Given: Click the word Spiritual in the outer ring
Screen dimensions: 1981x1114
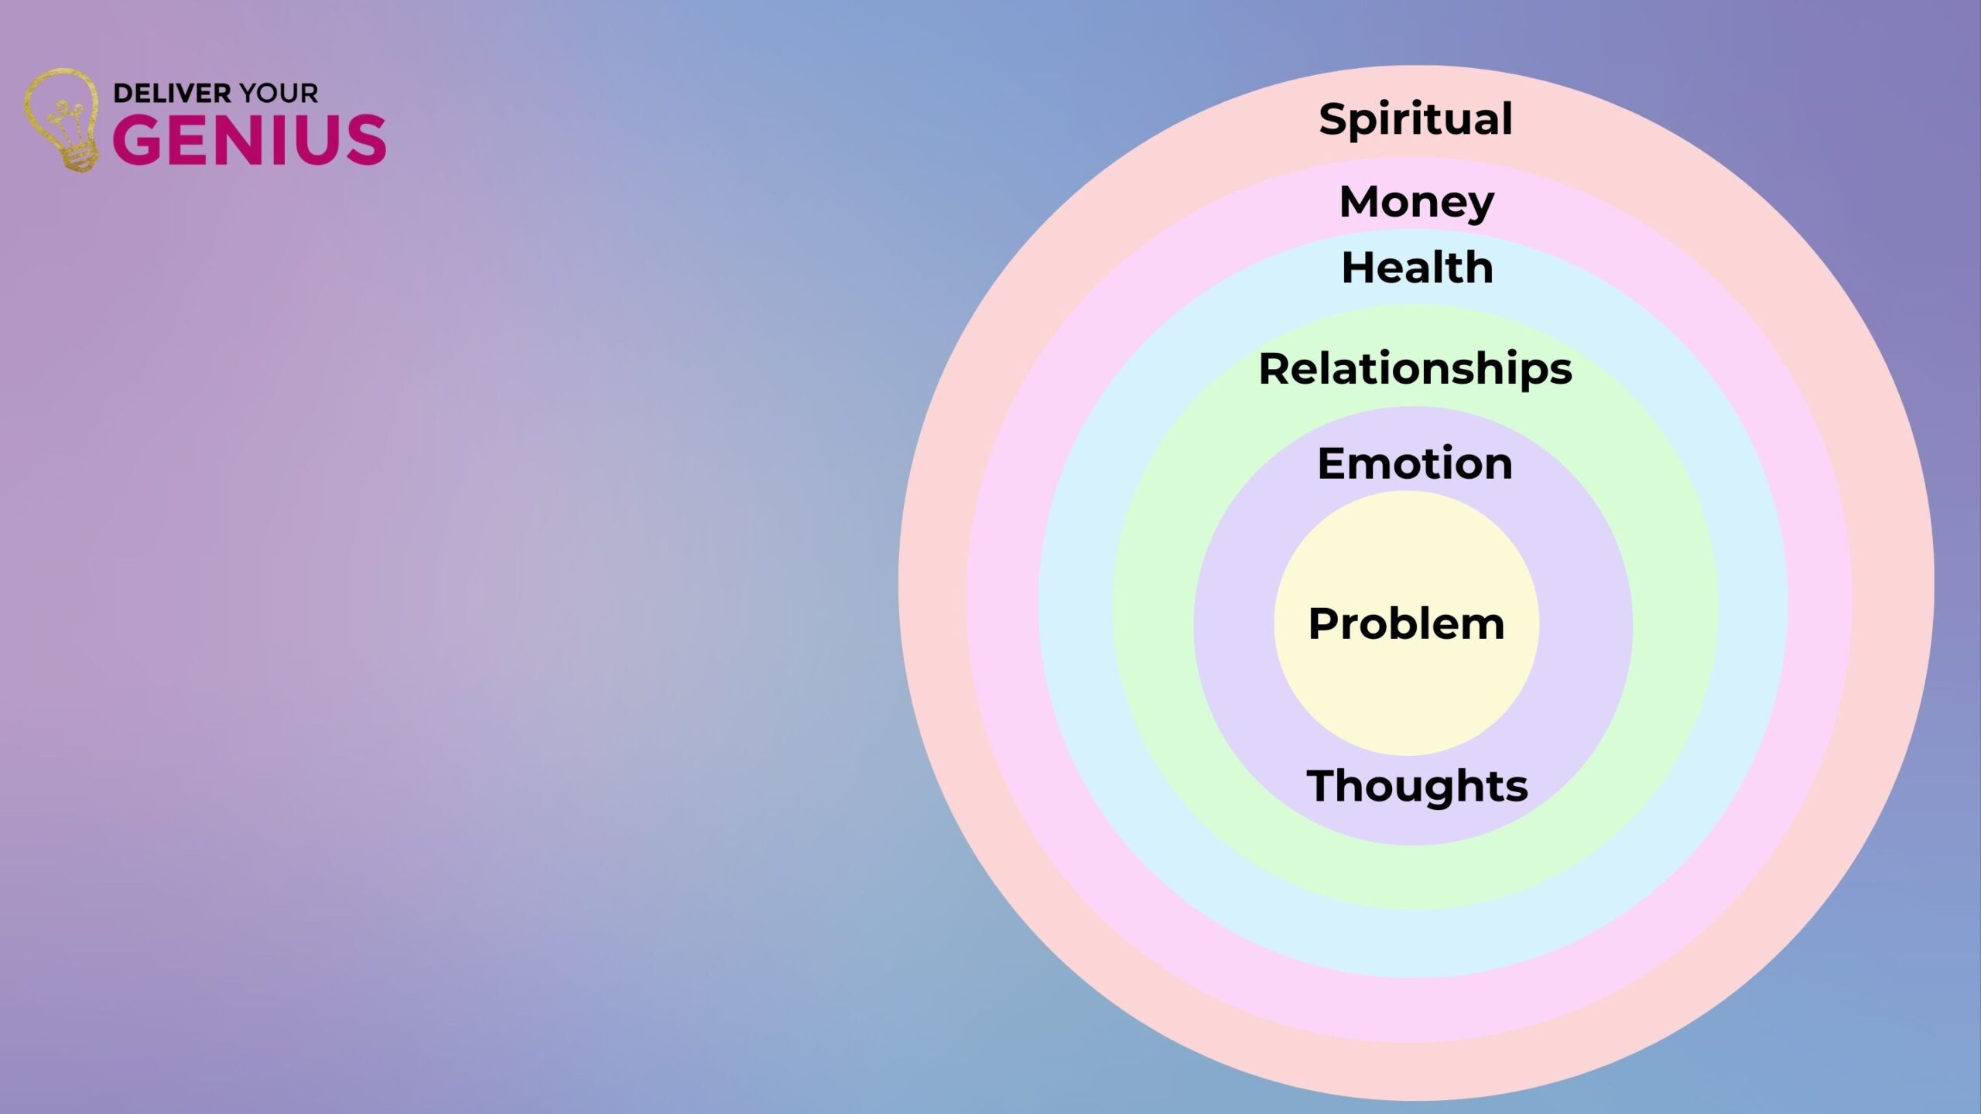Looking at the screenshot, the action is coord(1415,120).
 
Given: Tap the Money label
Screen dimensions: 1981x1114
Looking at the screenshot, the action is coord(1416,203).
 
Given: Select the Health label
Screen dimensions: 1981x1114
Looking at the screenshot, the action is coord(1417,268).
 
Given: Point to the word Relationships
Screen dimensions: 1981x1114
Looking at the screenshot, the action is coord(1415,369).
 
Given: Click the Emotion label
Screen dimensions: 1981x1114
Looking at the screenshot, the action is coord(1415,463).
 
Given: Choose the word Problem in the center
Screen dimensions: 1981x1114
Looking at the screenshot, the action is coord(1406,624).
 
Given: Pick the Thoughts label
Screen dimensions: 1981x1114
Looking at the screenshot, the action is coord(1417,787).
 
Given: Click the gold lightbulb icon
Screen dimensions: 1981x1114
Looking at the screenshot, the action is coord(62,120).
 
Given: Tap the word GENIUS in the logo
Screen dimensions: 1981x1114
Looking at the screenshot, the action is coord(249,139).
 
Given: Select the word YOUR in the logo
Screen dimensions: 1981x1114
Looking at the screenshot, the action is coord(279,94).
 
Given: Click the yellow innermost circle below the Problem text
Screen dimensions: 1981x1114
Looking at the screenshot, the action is coord(1407,696).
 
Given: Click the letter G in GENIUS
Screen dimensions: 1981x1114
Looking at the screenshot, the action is coord(138,139).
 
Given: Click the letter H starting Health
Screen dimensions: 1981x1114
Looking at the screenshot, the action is coord(1359,268).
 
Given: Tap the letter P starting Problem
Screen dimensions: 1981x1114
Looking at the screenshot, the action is coord(1324,624).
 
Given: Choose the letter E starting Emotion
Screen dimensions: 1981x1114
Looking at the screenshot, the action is coord(1333,463).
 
